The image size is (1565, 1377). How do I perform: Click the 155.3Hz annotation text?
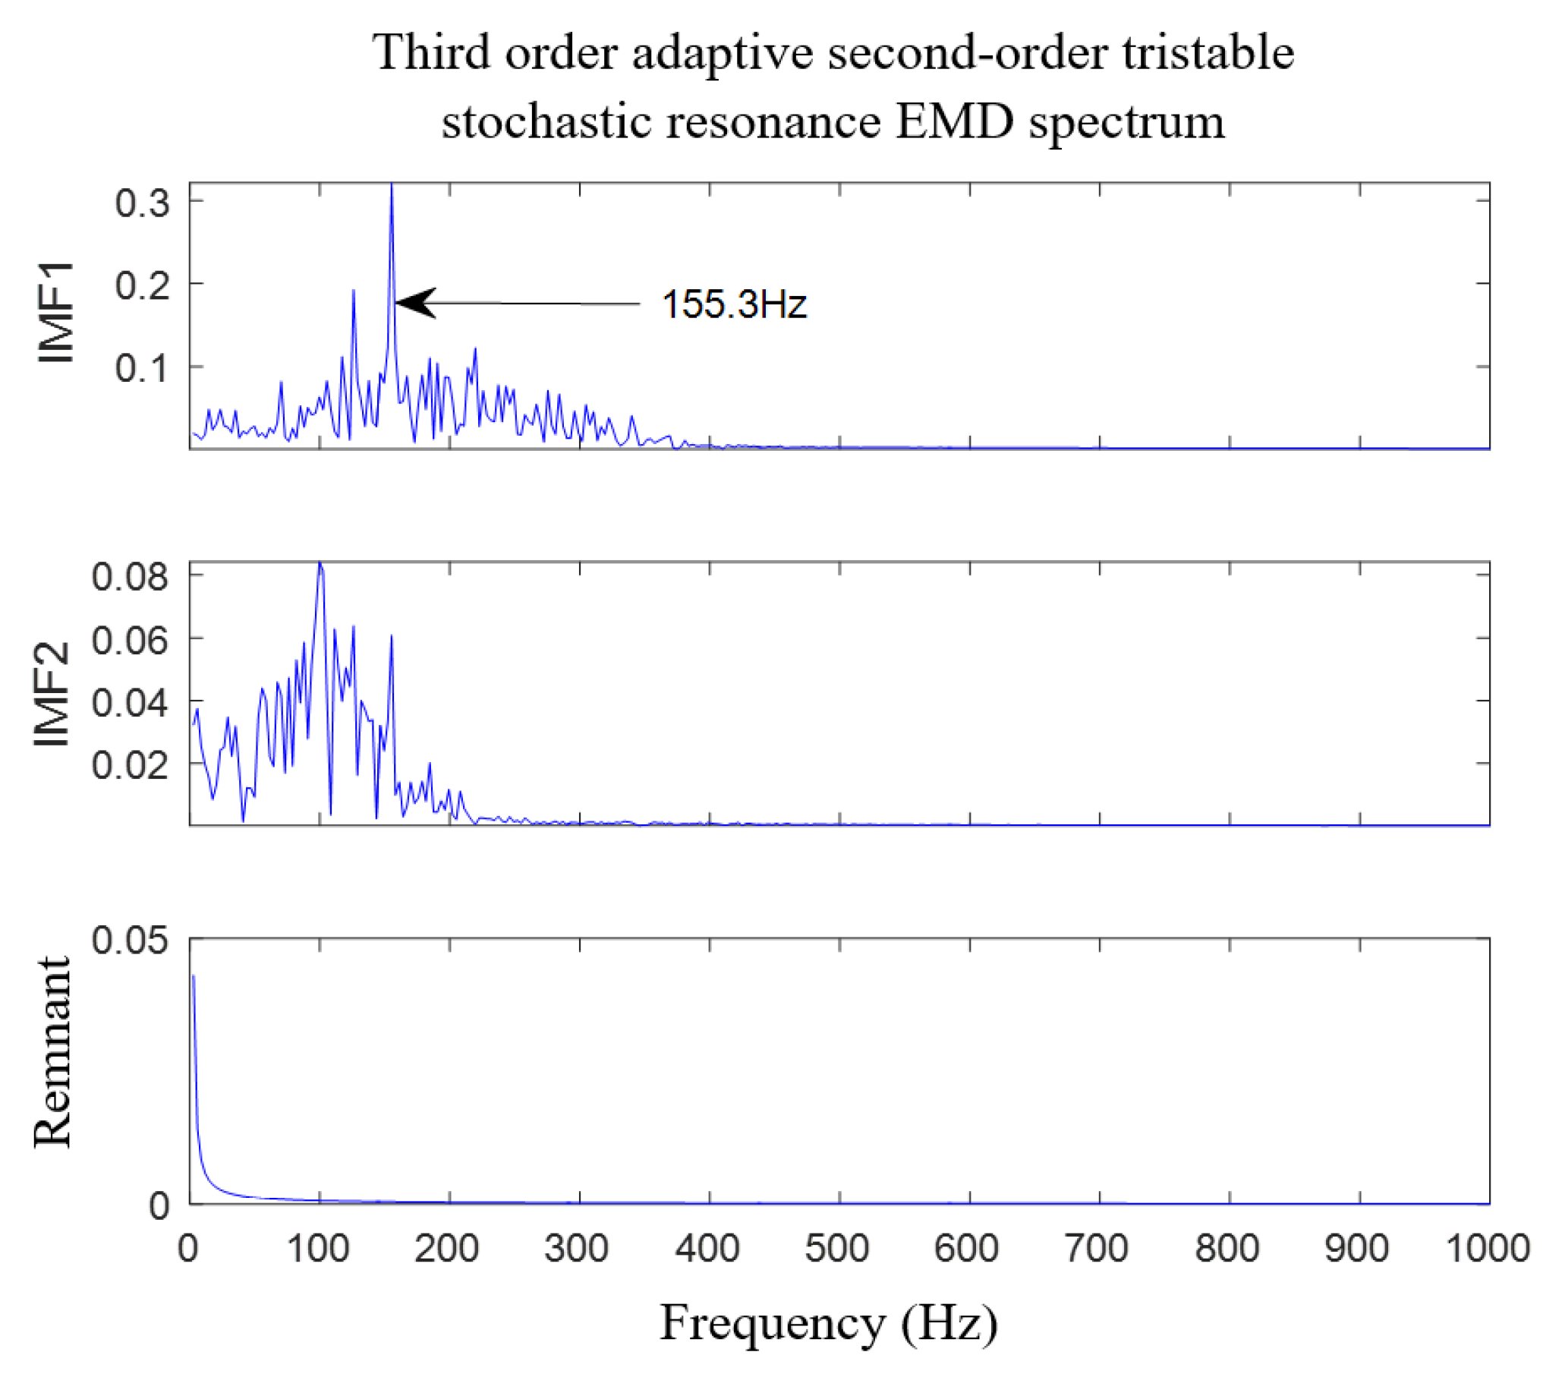pyautogui.click(x=733, y=305)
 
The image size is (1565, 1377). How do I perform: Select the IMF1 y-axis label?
pyautogui.click(x=55, y=313)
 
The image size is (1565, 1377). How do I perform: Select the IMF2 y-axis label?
pyautogui.click(x=52, y=694)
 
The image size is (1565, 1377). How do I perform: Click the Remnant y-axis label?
pyautogui.click(x=52, y=1052)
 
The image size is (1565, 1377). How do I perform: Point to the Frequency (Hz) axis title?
pyautogui.click(x=829, y=1322)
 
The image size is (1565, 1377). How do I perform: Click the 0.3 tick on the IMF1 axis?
pyautogui.click(x=143, y=203)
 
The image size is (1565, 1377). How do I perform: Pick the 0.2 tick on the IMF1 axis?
pyautogui.click(x=143, y=285)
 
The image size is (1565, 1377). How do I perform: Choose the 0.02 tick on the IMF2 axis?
pyautogui.click(x=130, y=764)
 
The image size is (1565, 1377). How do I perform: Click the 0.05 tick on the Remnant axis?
pyautogui.click(x=130, y=941)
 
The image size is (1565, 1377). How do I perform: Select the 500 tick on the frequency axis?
pyautogui.click(x=838, y=1249)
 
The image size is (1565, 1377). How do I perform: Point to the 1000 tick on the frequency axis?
pyautogui.click(x=1487, y=1249)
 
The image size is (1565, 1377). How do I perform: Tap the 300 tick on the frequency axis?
pyautogui.click(x=578, y=1249)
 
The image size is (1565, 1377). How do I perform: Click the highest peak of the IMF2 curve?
pyautogui.click(x=320, y=566)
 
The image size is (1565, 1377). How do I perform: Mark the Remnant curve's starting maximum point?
pyautogui.click(x=193, y=976)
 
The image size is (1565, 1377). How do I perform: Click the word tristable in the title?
pyautogui.click(x=1208, y=54)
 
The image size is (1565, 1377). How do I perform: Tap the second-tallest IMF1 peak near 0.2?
pyautogui.click(x=354, y=291)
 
